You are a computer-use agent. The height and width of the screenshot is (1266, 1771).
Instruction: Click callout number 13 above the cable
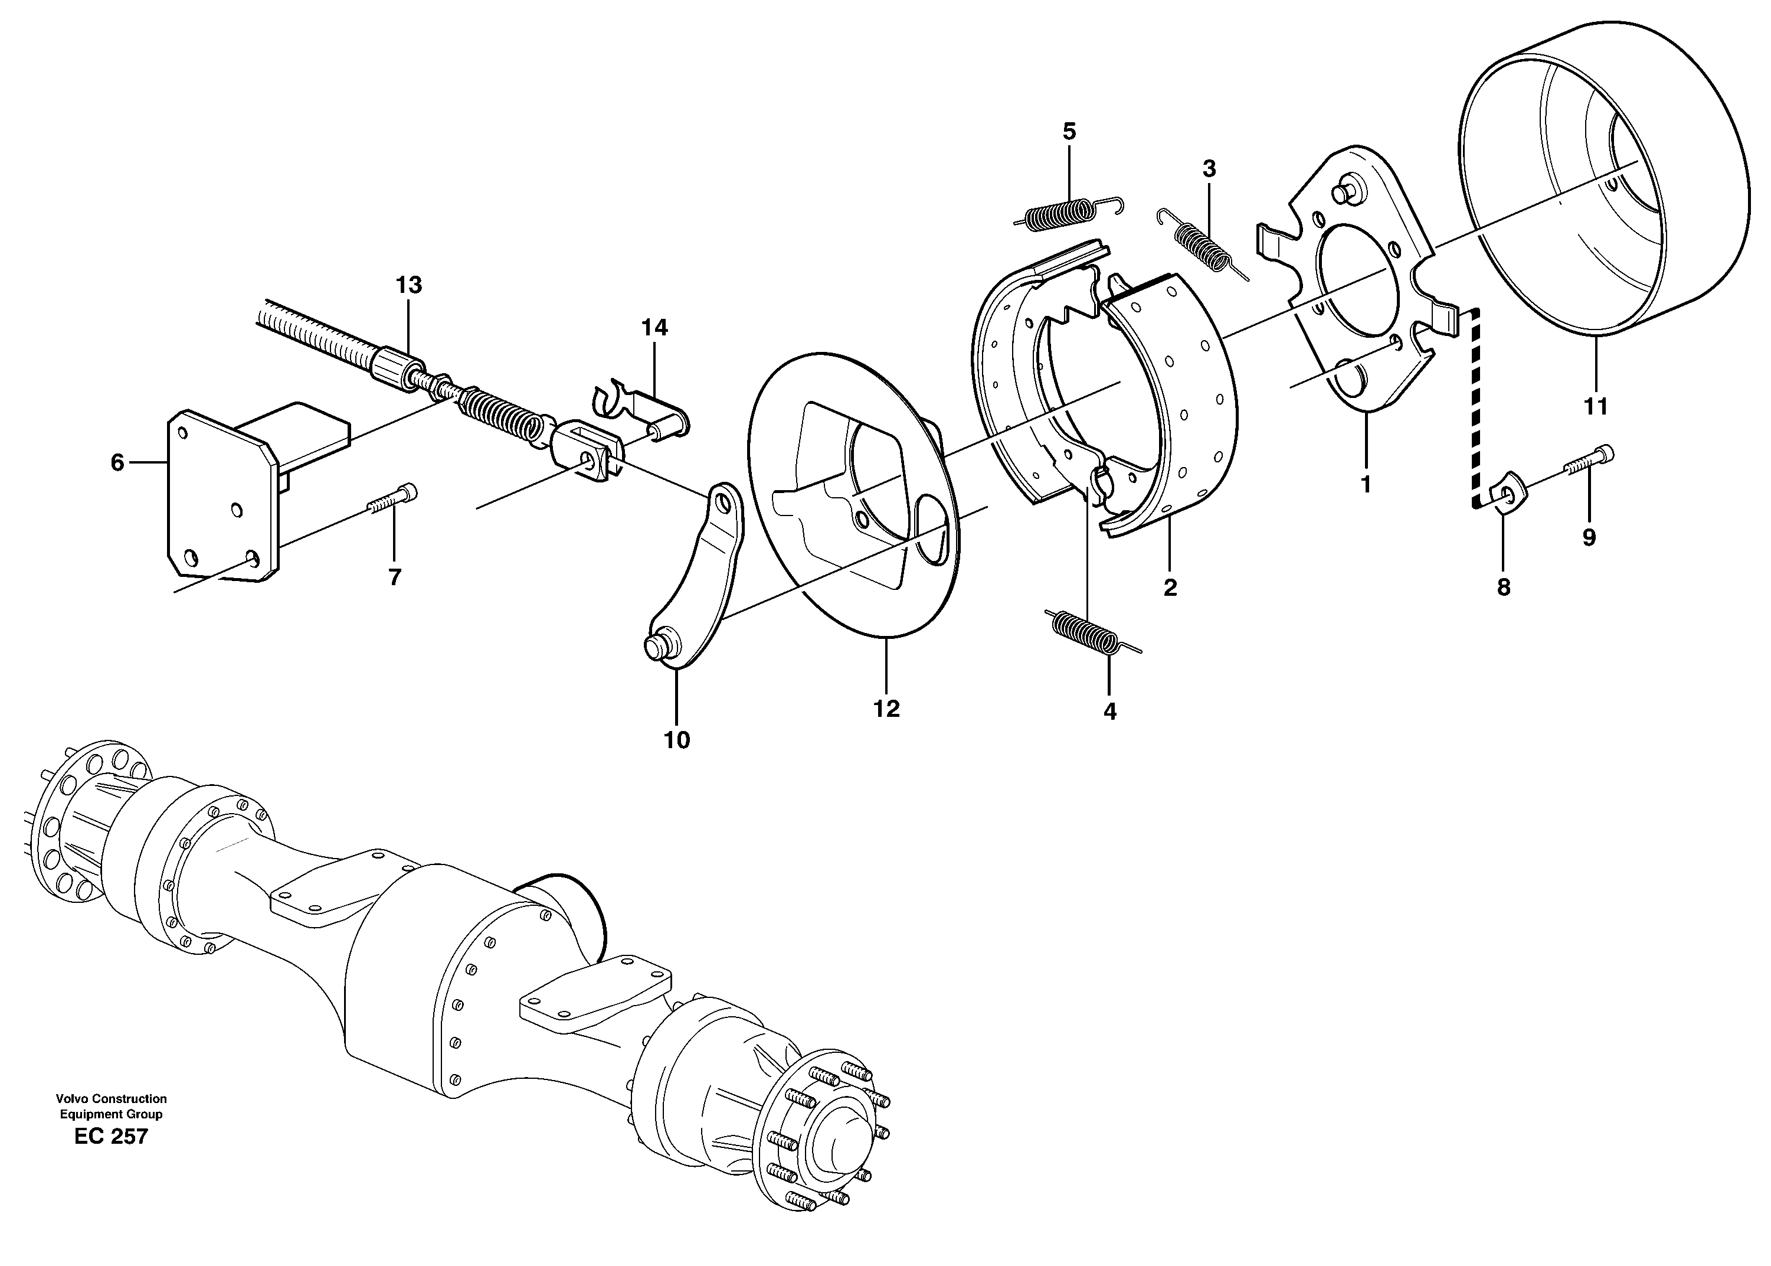pyautogui.click(x=408, y=285)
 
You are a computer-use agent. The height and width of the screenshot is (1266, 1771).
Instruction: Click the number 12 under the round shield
pyautogui.click(x=886, y=709)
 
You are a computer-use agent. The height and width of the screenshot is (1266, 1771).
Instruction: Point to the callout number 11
pyautogui.click(x=1595, y=406)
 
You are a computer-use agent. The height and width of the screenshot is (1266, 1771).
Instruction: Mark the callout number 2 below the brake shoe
pyautogui.click(x=1170, y=589)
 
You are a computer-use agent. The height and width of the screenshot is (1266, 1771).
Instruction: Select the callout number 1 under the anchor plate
pyautogui.click(x=1365, y=484)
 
